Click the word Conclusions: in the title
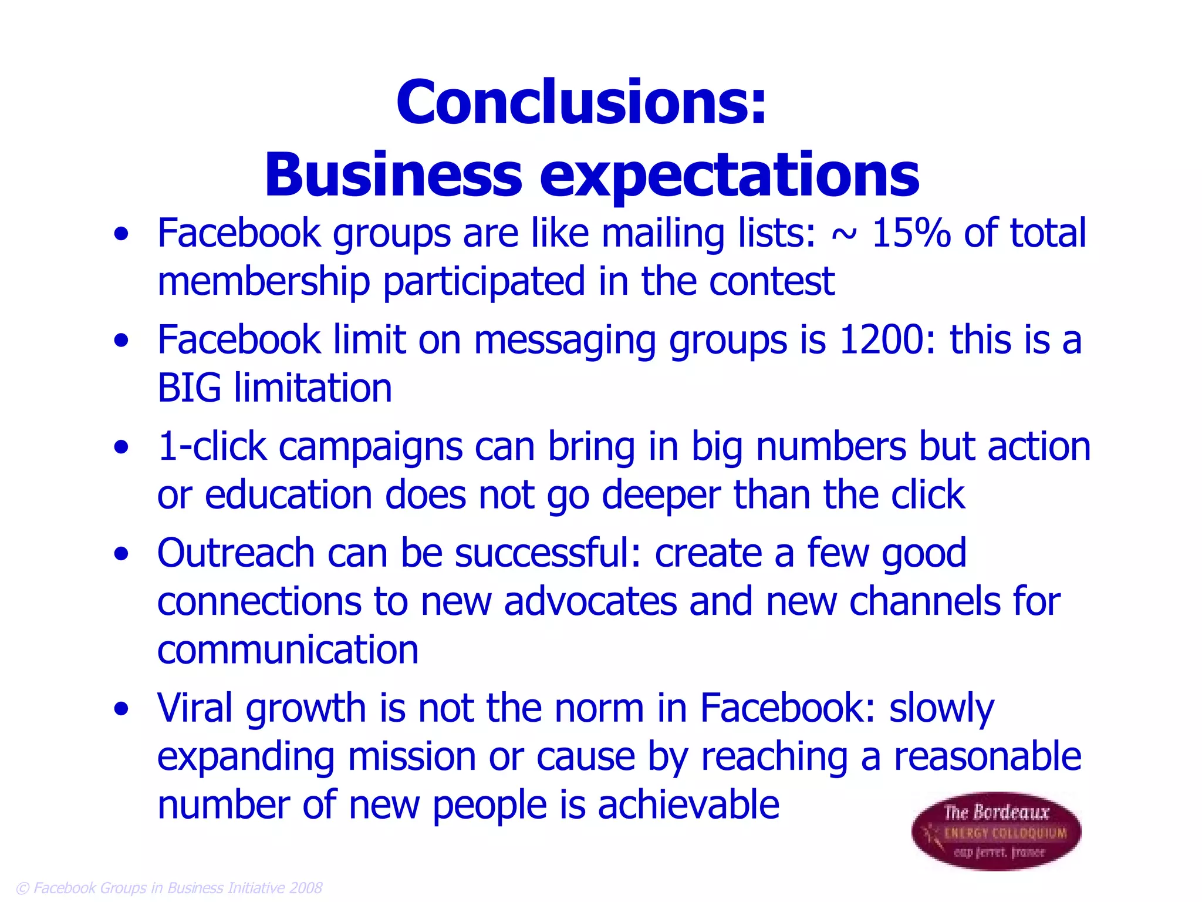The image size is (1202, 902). [x=581, y=103]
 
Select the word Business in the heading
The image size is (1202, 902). [x=393, y=175]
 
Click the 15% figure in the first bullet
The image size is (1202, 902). [x=911, y=233]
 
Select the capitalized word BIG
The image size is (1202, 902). [x=189, y=388]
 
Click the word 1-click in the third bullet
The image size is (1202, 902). [x=212, y=447]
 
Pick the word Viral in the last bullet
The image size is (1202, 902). [x=195, y=708]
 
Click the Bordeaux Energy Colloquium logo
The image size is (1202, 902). [x=996, y=832]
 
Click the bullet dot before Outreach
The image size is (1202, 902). [x=121, y=554]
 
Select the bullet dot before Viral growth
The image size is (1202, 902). [x=121, y=709]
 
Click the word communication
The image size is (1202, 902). [x=288, y=650]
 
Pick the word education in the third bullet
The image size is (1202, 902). [x=288, y=495]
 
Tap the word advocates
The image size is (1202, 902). [x=590, y=602]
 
